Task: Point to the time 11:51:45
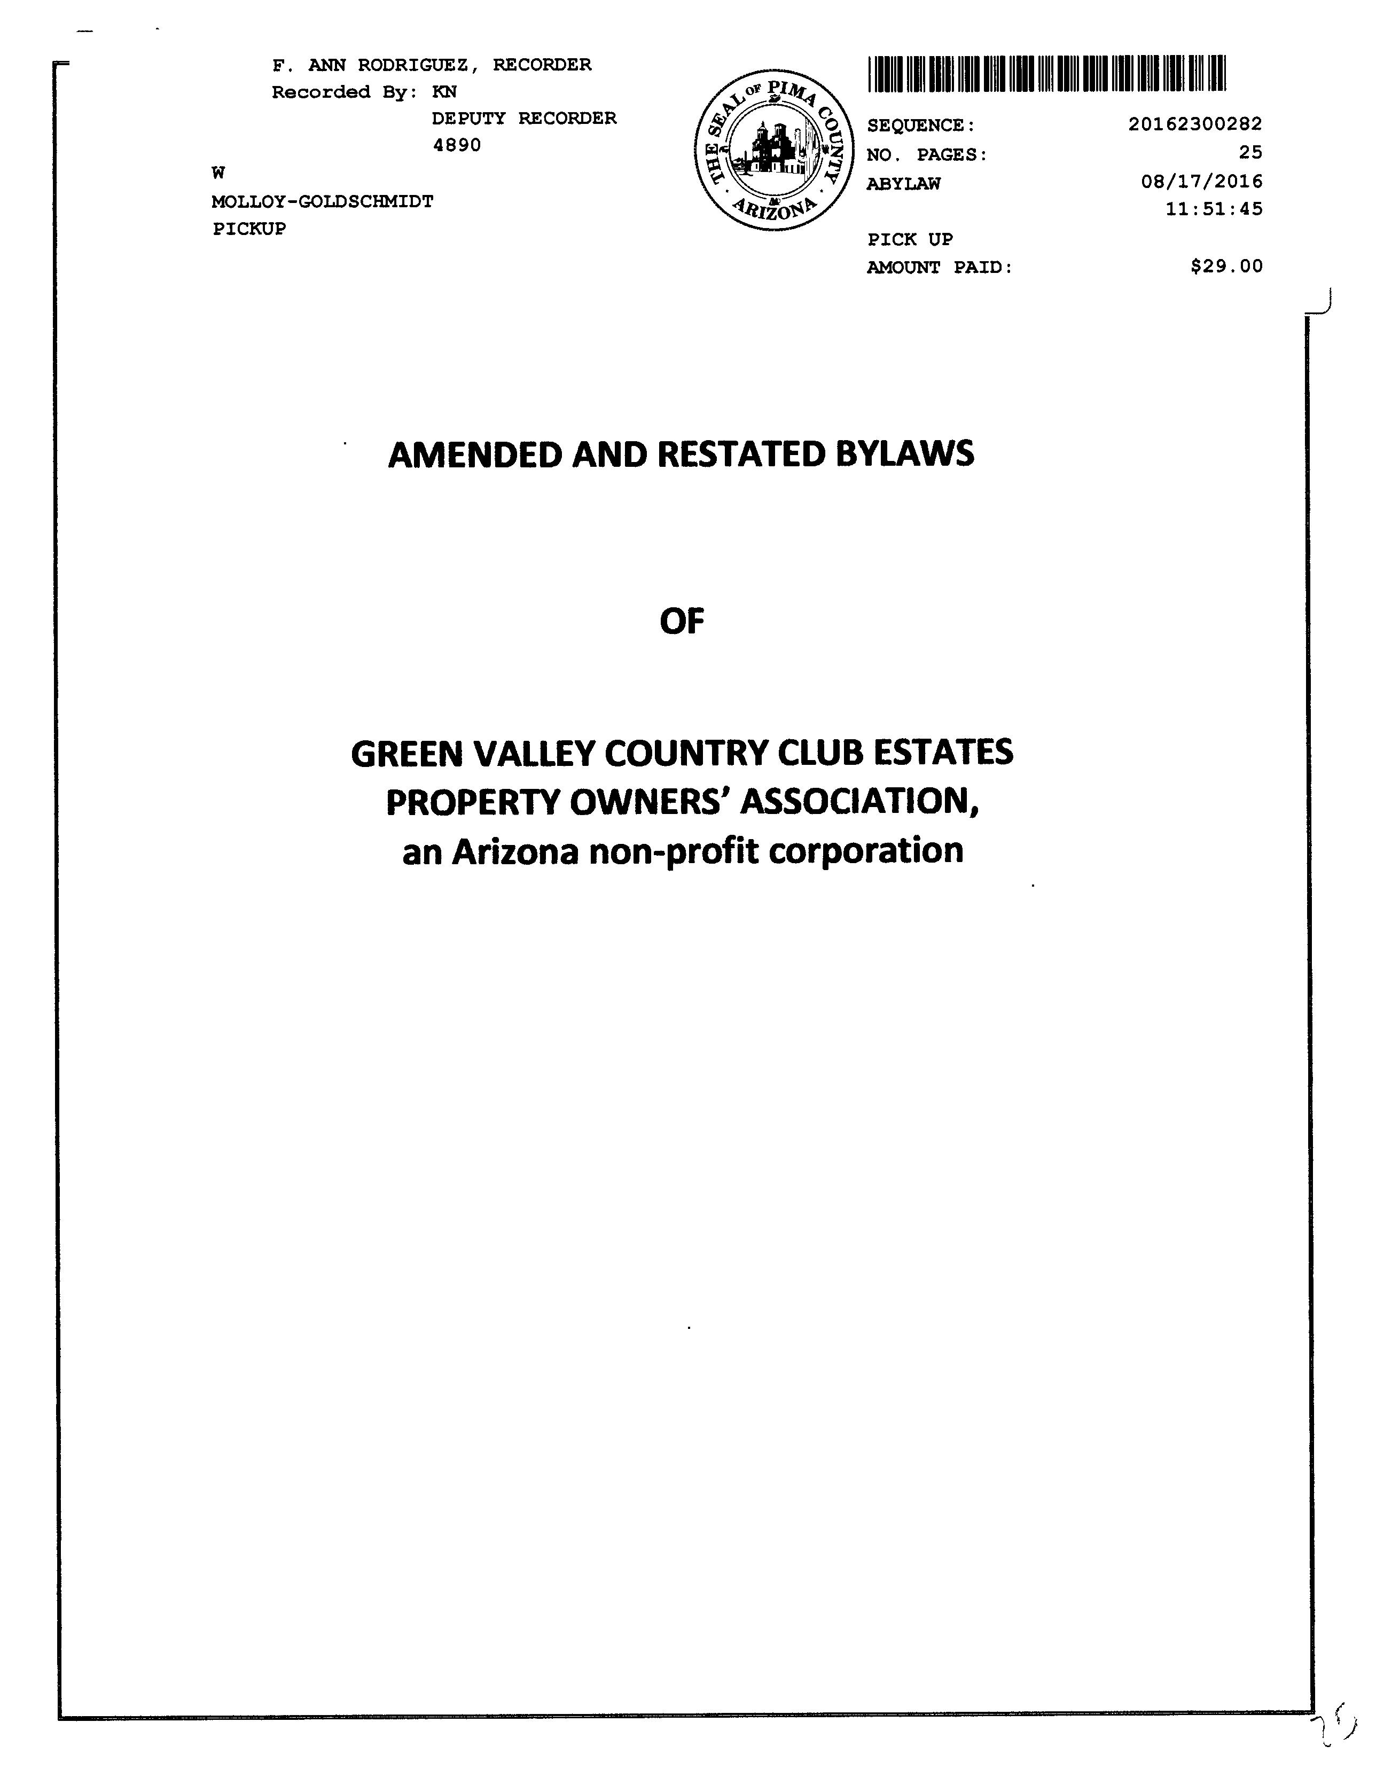1213,209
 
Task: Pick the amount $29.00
1226,267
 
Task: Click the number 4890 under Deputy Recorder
457,145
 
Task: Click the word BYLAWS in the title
905,455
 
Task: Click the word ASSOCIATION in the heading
860,803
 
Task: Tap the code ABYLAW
903,184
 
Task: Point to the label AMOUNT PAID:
940,267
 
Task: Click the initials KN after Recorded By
444,92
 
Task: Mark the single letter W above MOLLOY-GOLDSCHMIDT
218,173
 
